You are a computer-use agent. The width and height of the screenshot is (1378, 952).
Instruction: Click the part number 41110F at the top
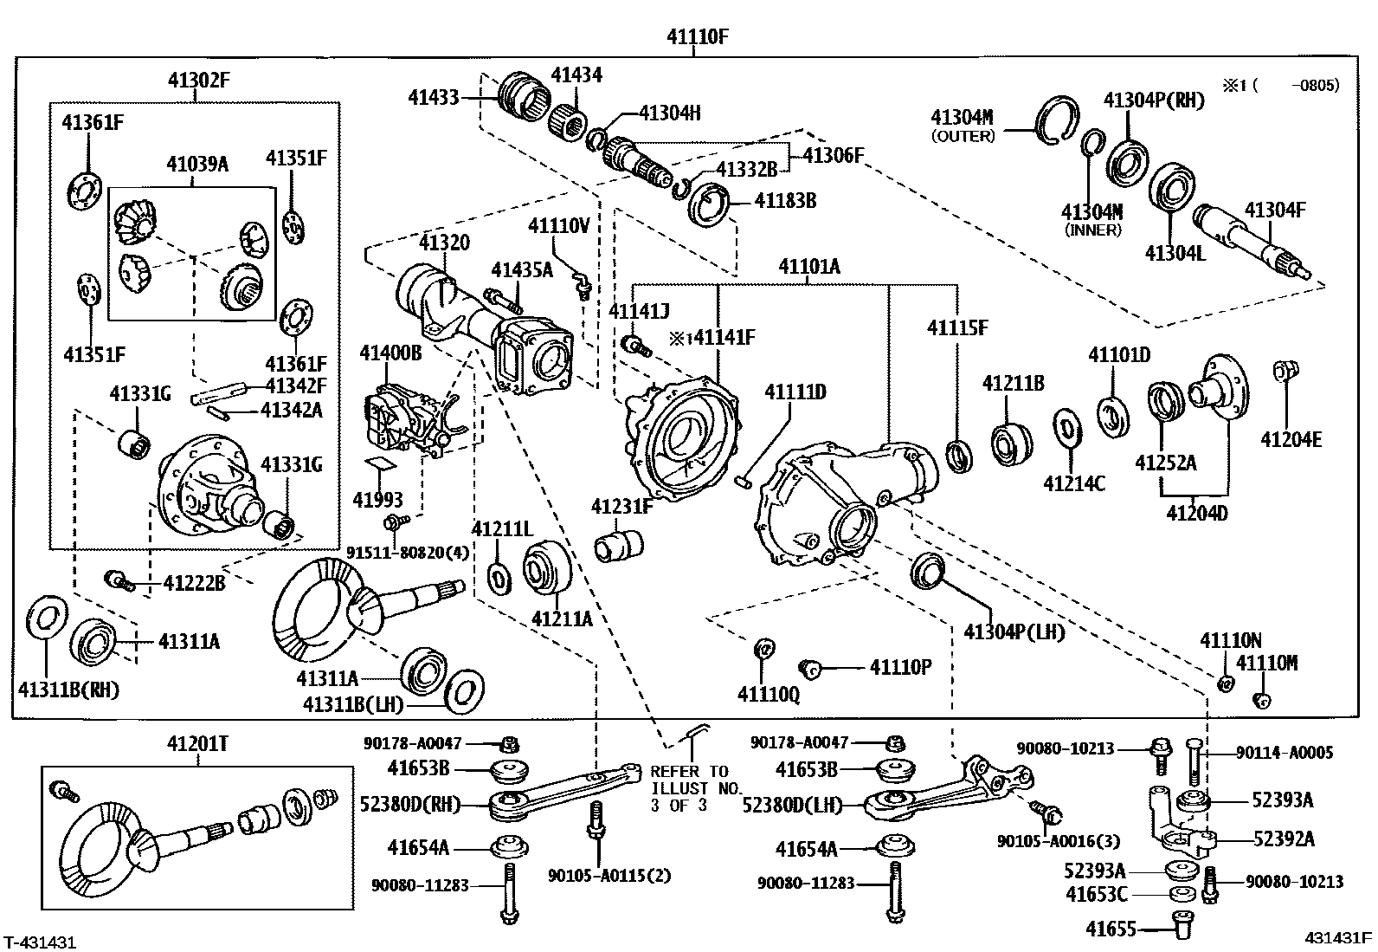tap(697, 36)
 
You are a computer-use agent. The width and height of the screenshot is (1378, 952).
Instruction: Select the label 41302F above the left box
tap(198, 81)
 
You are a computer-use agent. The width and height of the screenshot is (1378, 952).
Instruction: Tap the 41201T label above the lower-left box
tap(198, 744)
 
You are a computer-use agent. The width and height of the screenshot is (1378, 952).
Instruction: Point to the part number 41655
tap(1111, 929)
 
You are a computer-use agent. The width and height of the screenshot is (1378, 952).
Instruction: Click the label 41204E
tap(1290, 439)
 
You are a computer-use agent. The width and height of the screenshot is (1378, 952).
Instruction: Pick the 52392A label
tap(1283, 839)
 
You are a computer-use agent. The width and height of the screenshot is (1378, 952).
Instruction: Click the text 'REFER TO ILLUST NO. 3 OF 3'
tap(689, 788)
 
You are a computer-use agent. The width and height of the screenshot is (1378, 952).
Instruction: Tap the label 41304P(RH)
tap(1153, 100)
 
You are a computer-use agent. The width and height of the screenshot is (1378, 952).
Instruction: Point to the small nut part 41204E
tap(1284, 372)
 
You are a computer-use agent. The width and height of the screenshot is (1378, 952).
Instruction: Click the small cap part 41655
tap(1180, 923)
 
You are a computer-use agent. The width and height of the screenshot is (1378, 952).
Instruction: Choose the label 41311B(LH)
tap(353, 704)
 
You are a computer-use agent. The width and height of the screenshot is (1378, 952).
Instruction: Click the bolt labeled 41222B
tap(118, 580)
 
